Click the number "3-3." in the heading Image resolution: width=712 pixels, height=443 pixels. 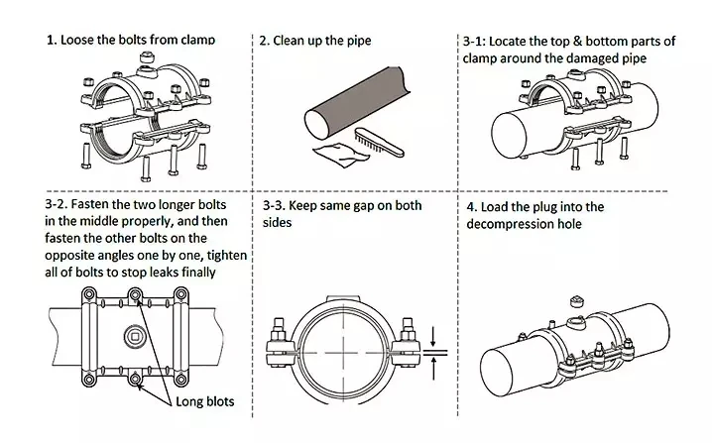(274, 206)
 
